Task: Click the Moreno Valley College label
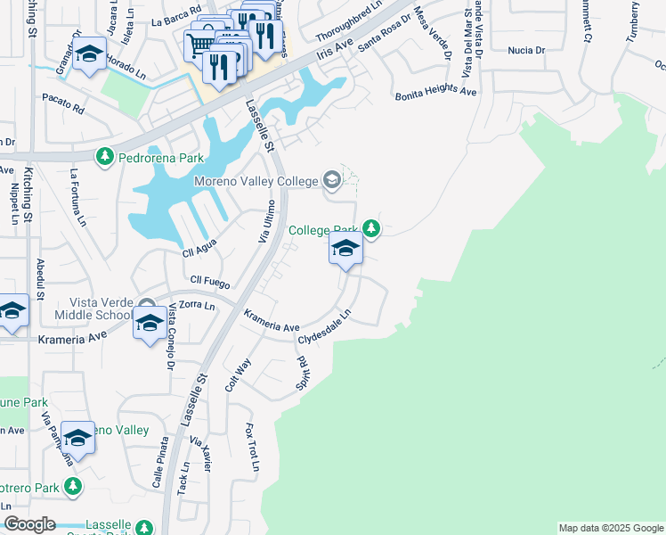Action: (256, 182)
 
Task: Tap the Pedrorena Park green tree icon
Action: (105, 158)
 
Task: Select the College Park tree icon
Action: (372, 230)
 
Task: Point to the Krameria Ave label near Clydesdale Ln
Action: (272, 320)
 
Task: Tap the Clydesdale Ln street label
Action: (325, 328)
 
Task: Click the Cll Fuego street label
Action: (210, 281)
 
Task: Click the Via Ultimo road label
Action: (264, 222)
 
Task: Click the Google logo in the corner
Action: (28, 524)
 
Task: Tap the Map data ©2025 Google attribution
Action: (611, 528)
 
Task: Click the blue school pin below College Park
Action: (345, 250)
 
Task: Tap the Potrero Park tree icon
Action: (72, 488)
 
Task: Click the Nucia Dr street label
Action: (525, 51)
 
